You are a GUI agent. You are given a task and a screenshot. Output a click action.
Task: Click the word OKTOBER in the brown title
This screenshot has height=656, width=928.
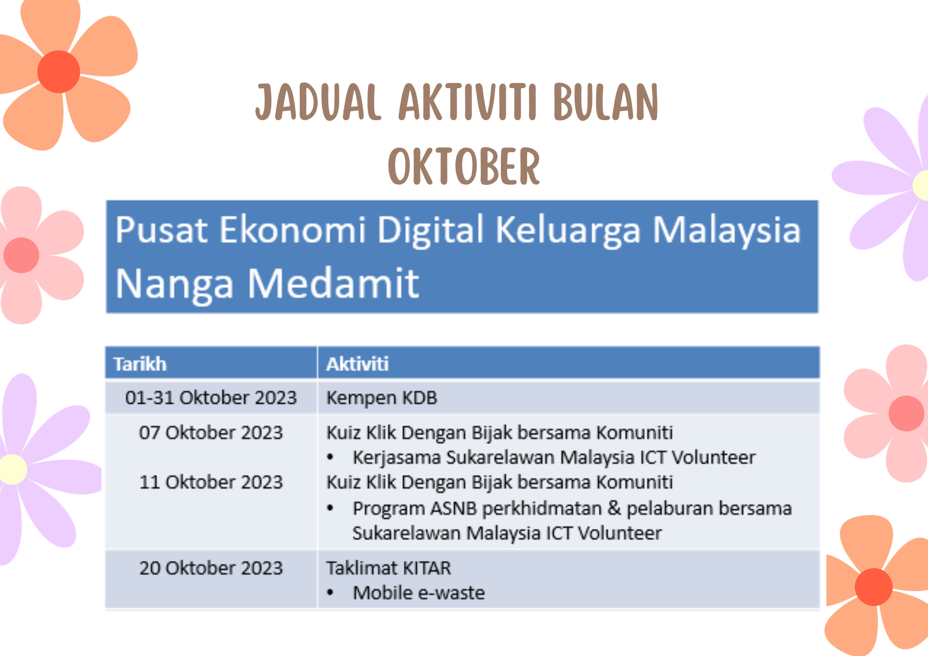[464, 166]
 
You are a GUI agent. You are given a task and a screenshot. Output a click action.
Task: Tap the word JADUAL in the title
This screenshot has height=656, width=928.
[318, 102]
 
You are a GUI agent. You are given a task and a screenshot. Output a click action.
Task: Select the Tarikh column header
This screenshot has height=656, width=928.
[140, 364]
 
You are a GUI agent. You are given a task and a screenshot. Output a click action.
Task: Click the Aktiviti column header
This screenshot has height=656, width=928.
[357, 364]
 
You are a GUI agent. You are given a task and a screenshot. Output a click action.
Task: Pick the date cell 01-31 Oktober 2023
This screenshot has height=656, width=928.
[211, 398]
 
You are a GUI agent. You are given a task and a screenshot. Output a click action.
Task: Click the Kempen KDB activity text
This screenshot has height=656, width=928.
[382, 398]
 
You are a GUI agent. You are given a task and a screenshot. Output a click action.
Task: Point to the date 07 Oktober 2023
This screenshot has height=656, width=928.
[211, 432]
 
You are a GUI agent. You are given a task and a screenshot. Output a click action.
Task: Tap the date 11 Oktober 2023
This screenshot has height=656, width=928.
[211, 482]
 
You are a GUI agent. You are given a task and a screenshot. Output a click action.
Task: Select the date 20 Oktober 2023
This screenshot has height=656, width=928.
[211, 568]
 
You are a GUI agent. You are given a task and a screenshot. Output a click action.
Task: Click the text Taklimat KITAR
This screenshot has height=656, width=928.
[389, 568]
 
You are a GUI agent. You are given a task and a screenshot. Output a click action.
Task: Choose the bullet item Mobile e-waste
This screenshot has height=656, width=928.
[419, 593]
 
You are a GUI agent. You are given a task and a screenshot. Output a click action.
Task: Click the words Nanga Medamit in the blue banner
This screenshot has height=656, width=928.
[267, 284]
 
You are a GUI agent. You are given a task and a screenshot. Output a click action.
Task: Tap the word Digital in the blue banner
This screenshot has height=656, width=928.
[431, 231]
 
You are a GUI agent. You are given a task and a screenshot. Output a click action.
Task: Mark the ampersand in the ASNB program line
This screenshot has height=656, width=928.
[614, 508]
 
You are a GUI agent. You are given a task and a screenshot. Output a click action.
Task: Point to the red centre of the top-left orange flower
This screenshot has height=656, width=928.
[58, 72]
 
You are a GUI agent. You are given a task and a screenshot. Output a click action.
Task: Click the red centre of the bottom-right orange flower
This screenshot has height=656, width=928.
[874, 587]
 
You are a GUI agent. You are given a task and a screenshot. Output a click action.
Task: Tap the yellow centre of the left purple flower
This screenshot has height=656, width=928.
[13, 469]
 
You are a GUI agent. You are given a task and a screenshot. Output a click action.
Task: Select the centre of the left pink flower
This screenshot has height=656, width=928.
[21, 255]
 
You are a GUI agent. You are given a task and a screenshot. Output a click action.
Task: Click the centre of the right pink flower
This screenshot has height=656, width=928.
[906, 413]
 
